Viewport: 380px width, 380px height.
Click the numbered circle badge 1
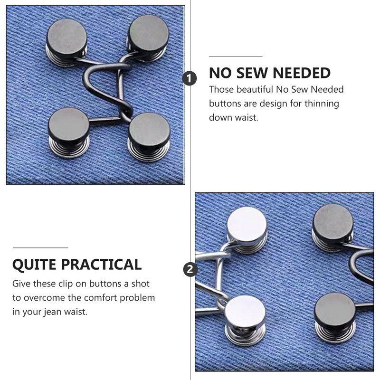coord(190,78)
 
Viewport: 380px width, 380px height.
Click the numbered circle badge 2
coord(190,269)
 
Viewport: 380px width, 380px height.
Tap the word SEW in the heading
coord(251,73)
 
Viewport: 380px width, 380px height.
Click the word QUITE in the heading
coord(34,265)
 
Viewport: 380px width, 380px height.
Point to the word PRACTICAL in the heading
coord(101,265)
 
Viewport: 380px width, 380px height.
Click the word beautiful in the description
coord(255,89)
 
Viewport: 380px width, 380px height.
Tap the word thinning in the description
coord(322,104)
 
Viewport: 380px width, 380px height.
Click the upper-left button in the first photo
coord(66,42)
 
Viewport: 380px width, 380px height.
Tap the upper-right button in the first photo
coord(148,37)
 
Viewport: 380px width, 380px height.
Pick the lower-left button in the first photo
coord(69,133)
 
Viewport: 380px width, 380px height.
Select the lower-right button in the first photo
coord(149,136)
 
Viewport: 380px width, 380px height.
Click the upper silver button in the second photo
coord(247,229)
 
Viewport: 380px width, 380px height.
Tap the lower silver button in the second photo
coord(245,320)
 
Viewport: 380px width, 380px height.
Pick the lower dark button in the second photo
coord(335,317)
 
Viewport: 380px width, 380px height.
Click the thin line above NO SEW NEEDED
coord(236,56)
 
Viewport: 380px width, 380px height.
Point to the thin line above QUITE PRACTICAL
coord(40,247)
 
